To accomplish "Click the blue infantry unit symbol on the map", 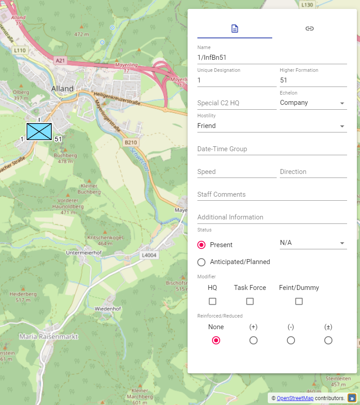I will [x=39, y=131].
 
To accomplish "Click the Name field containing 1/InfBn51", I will [x=272, y=57].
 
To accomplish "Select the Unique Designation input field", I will [x=237, y=80].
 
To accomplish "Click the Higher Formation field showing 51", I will [x=313, y=80].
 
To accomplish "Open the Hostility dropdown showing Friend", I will [x=272, y=126].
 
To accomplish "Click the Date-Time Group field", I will [x=272, y=149].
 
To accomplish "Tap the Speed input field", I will [x=237, y=172].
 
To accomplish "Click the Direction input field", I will [x=313, y=172].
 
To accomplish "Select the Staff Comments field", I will [x=272, y=194].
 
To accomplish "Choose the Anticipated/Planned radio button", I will [x=201, y=262].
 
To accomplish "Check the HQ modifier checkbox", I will [x=213, y=302].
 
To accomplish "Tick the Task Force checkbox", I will [x=250, y=302].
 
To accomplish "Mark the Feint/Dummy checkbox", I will [x=299, y=302].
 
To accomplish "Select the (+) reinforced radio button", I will [x=254, y=340].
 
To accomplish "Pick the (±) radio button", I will [x=328, y=340].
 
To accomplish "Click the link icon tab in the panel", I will [x=310, y=29].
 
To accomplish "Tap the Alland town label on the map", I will [x=62, y=88].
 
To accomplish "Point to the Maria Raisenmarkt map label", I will [x=49, y=336].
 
